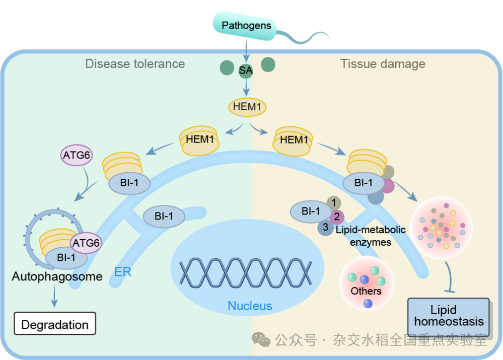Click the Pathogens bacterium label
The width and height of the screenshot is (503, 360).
(246, 26)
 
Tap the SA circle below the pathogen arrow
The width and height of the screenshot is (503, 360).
(246, 71)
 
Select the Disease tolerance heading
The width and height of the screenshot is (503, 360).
(135, 64)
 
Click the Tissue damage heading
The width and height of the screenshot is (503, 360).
(383, 64)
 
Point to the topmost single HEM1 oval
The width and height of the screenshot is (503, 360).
(247, 107)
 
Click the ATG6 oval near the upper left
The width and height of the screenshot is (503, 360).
(77, 155)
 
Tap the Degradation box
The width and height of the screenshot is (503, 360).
(55, 325)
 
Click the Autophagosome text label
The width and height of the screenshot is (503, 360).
(57, 276)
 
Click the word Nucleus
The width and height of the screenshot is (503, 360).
(250, 306)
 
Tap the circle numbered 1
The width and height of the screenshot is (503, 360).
(333, 202)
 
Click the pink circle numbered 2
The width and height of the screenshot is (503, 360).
(337, 217)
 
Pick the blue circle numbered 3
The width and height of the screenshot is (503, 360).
(325, 228)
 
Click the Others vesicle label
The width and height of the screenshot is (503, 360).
(366, 291)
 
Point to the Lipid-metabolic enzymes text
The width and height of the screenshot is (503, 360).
(371, 236)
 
